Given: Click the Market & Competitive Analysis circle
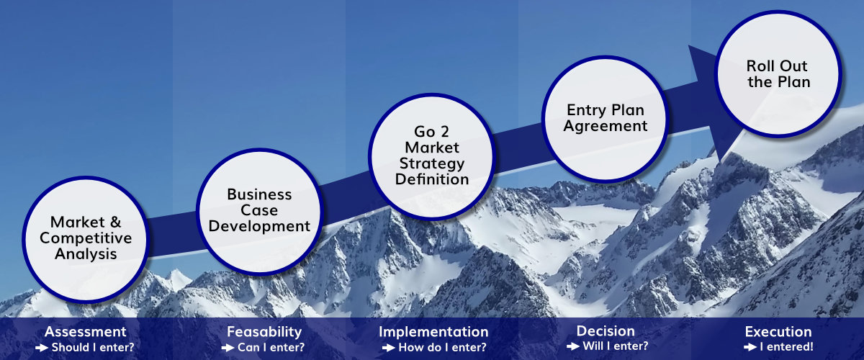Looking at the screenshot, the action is tap(86, 239).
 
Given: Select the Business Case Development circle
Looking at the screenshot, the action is tap(260, 212).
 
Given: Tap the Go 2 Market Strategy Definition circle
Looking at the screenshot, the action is tap(432, 157).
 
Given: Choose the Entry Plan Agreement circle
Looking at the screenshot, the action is tap(606, 119).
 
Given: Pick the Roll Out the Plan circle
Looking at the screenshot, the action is tap(778, 73).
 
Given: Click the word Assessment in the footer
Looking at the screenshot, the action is tap(86, 332).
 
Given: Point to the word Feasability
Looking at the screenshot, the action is tap(264, 332).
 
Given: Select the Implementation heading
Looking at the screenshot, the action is tap(433, 332).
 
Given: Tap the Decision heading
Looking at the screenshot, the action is tap(606, 331).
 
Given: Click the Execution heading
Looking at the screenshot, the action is tap(778, 332).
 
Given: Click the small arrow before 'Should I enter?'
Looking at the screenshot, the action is tap(42, 348).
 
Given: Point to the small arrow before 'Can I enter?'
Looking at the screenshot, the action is tap(228, 348).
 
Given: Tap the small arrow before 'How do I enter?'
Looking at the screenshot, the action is tap(388, 348).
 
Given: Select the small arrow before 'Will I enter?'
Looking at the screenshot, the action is tap(573, 346).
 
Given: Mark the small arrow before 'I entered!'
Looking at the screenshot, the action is tap(750, 347).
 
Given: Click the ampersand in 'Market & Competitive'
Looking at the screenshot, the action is tap(115, 222).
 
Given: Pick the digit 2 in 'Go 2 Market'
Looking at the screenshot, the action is tap(445, 132).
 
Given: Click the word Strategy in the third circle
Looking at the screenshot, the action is tap(432, 164).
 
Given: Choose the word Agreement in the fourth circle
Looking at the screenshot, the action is tap(606, 127).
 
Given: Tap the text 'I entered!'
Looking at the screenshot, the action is tap(786, 347).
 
